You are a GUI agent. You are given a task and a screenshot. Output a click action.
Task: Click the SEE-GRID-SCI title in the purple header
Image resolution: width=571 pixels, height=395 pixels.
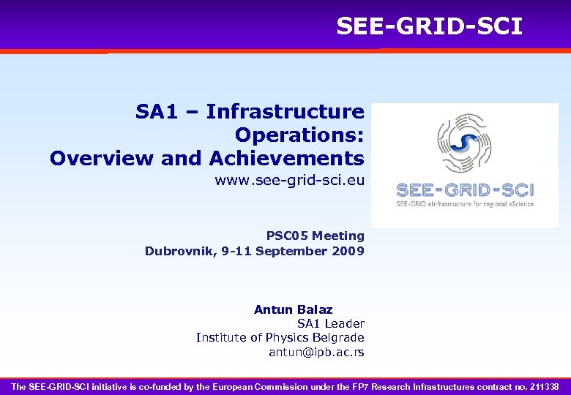click(x=429, y=26)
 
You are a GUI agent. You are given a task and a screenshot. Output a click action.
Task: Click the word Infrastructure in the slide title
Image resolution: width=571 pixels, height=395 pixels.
click(x=285, y=112)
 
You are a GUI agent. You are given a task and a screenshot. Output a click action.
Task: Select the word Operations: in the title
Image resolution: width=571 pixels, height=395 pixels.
click(x=299, y=135)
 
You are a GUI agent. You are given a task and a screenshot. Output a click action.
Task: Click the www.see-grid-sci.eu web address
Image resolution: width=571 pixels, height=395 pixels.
click(x=289, y=180)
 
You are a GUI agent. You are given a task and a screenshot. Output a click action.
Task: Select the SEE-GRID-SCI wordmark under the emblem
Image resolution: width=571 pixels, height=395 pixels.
click(x=465, y=190)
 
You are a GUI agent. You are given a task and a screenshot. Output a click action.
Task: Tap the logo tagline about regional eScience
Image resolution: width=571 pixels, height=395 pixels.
click(x=465, y=204)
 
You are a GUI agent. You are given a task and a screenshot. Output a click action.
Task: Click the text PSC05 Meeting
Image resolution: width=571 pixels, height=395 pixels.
click(x=315, y=236)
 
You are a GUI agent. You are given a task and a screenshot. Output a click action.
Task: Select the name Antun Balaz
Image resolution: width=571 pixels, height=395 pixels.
click(x=293, y=309)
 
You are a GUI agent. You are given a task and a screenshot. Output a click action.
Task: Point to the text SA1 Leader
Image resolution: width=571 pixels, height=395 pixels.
click(x=330, y=323)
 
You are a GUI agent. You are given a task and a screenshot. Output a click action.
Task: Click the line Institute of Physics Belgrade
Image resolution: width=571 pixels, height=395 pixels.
click(x=280, y=337)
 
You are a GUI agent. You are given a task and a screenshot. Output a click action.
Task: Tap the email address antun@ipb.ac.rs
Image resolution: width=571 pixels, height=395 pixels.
click(x=316, y=352)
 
